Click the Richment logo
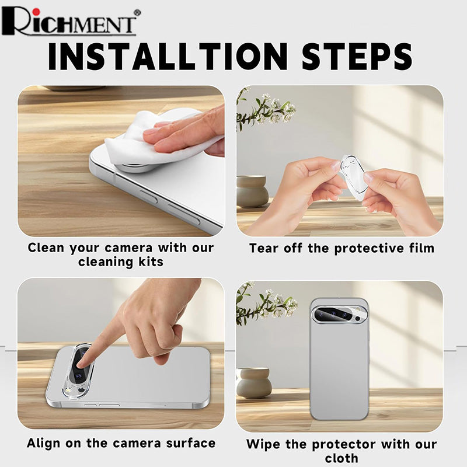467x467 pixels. pyautogui.click(x=70, y=22)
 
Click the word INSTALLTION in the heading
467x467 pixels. pyautogui.click(x=168, y=57)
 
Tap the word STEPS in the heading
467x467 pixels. pyautogui.click(x=357, y=57)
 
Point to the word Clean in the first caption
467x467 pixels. pyautogui.click(x=46, y=248)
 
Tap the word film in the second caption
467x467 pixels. pyautogui.click(x=421, y=248)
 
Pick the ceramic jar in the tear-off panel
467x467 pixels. pyautogui.click(x=252, y=191)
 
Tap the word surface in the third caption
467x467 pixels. pyautogui.click(x=191, y=443)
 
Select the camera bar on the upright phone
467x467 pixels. pyautogui.click(x=340, y=315)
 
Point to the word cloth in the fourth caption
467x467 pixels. pyautogui.click(x=341, y=458)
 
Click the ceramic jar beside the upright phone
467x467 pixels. pyautogui.click(x=254, y=383)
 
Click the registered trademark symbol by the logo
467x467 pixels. pyautogui.click(x=137, y=12)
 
